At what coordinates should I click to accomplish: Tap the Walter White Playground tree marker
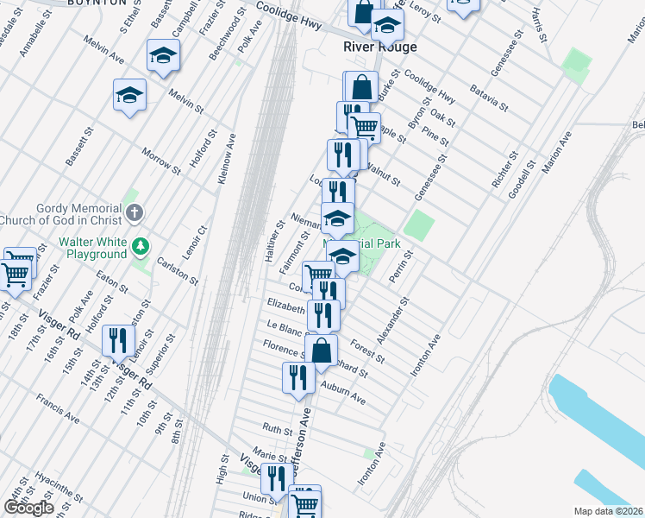click(141, 249)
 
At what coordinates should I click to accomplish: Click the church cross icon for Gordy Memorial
click(134, 212)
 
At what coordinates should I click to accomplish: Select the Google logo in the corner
click(28, 508)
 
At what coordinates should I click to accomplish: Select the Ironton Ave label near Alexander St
click(426, 355)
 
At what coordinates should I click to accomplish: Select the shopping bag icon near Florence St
click(321, 350)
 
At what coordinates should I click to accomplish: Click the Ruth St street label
click(278, 428)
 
